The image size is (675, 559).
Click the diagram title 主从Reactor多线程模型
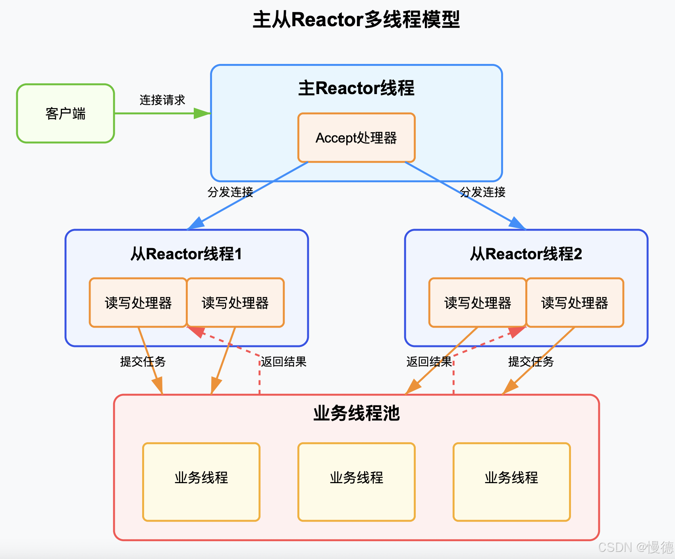[356, 20]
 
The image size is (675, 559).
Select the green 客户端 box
[66, 114]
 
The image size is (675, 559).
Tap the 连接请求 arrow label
[162, 100]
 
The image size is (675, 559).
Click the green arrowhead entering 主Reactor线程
[202, 114]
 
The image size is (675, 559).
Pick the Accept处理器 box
[356, 138]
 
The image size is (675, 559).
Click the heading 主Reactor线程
[356, 88]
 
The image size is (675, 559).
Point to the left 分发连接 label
[230, 192]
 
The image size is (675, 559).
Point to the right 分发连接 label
[482, 192]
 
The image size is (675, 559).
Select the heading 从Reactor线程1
[186, 254]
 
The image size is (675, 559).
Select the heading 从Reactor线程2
[526, 254]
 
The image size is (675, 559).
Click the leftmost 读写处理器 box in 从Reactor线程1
[138, 303]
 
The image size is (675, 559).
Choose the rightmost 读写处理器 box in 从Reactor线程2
[575, 303]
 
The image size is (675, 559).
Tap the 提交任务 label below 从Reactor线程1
[143, 362]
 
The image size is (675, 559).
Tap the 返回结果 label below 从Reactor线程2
[429, 362]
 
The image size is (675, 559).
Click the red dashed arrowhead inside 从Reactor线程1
[196, 332]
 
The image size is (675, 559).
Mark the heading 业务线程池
[356, 413]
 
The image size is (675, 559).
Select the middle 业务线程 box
[356, 482]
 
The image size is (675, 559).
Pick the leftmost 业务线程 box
[201, 482]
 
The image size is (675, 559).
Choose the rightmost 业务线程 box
[511, 482]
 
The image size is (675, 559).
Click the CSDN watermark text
[635, 547]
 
